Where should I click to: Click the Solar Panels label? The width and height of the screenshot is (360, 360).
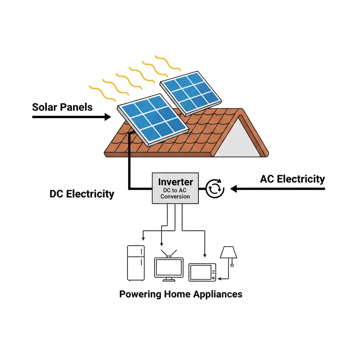pos(62,107)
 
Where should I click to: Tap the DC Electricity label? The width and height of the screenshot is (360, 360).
pos(82,194)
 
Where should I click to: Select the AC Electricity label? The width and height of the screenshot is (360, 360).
pos(292,179)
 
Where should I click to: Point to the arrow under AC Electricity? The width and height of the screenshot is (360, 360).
pos(278,189)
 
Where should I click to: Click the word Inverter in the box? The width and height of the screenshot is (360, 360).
pos(175,182)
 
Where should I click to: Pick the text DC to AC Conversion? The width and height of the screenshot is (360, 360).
pos(175,193)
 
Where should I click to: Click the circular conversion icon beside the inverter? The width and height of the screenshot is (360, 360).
pos(214,189)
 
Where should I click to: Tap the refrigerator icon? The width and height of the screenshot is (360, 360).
pos(136,263)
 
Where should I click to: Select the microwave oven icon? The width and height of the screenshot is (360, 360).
pos(202,272)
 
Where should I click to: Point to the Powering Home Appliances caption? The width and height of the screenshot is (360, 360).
pos(181,294)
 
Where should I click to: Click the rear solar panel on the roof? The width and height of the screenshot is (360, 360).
pos(190,92)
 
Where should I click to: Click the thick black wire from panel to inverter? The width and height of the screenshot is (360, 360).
pos(129,169)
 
